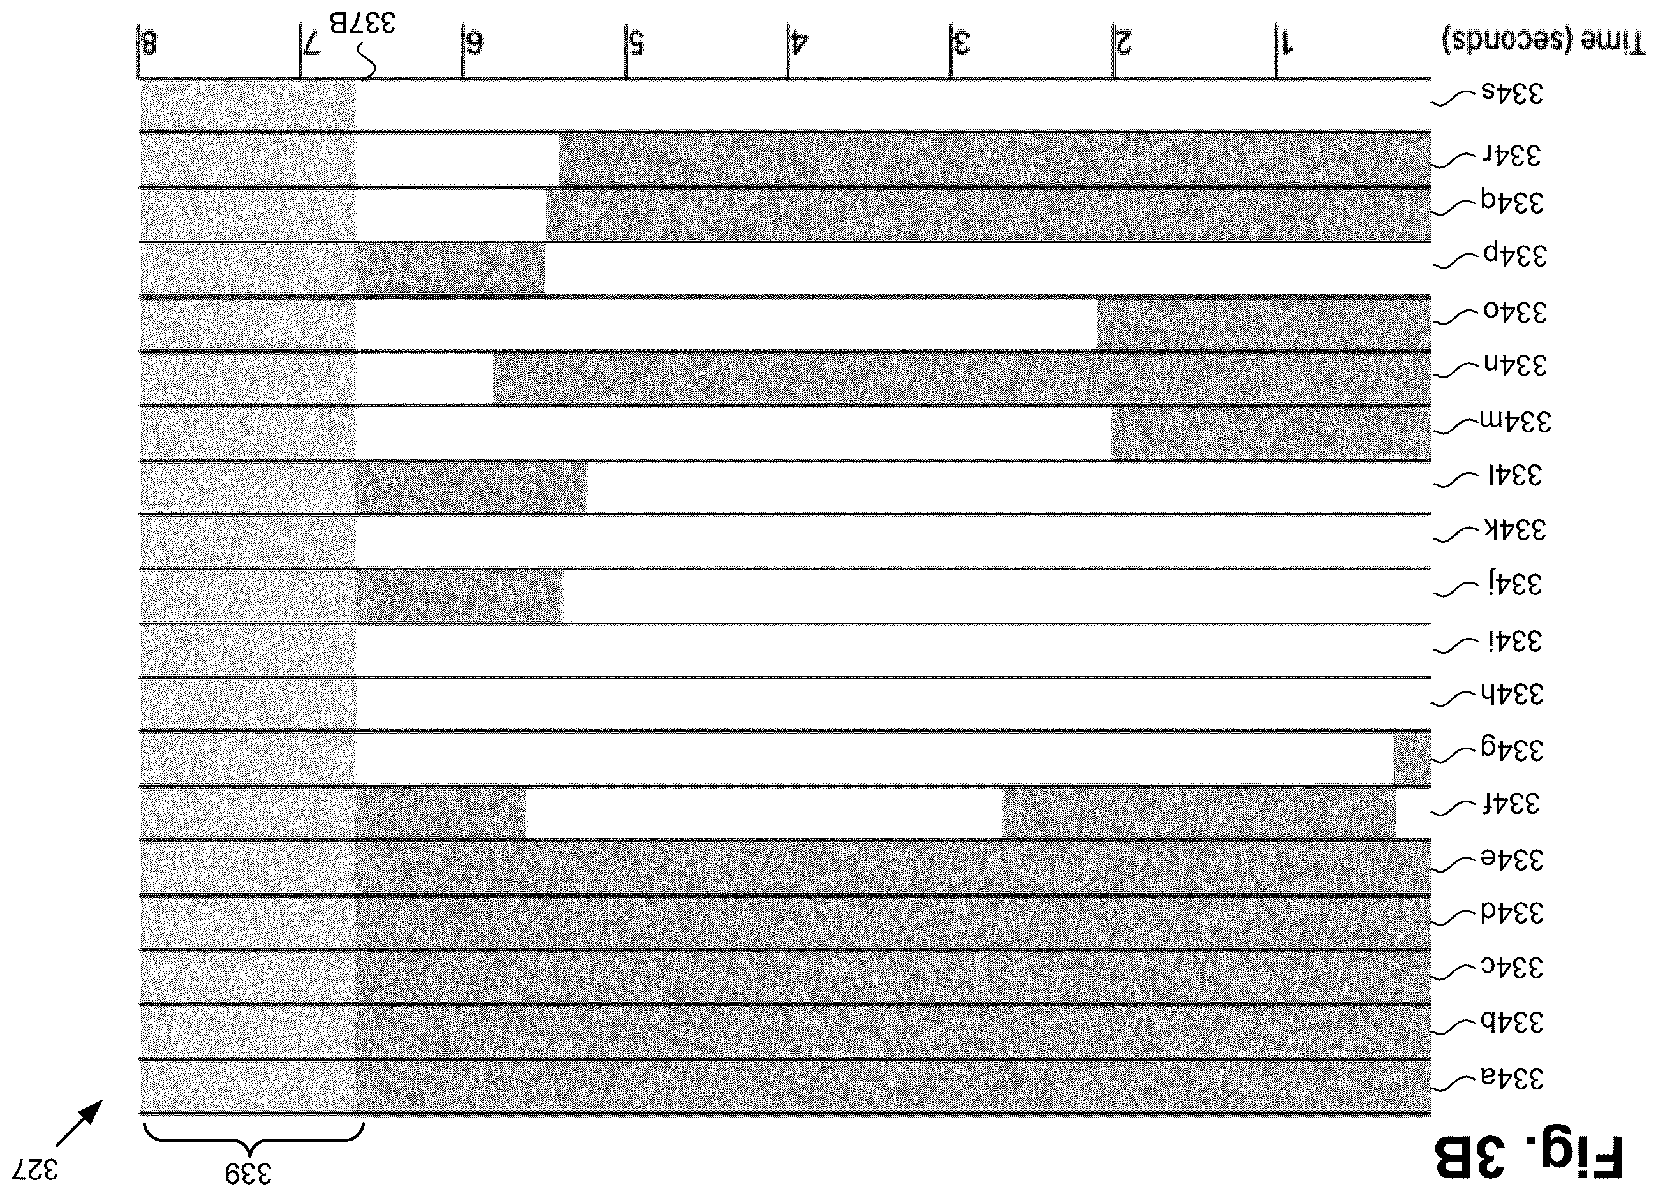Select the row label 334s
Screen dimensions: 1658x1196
pyautogui.click(x=1512, y=94)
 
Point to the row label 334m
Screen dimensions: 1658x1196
pyautogui.click(x=1514, y=422)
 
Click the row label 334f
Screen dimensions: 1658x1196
pyautogui.click(x=1511, y=804)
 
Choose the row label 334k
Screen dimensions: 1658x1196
pyautogui.click(x=1514, y=529)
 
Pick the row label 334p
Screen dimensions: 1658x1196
pyautogui.click(x=1514, y=256)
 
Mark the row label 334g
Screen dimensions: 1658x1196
pyautogui.click(x=1512, y=750)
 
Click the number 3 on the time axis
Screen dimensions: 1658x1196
pyautogui.click(x=961, y=44)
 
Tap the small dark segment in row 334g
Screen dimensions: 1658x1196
pyautogui.click(x=1411, y=760)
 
